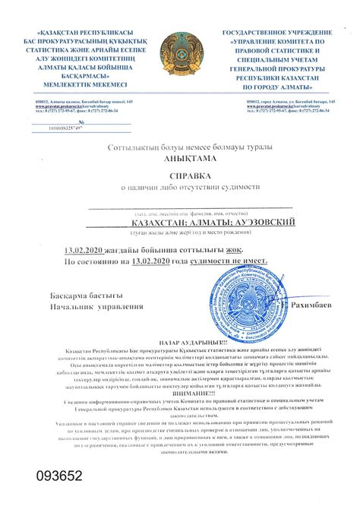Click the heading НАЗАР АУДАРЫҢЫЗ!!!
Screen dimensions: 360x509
click(180, 342)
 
